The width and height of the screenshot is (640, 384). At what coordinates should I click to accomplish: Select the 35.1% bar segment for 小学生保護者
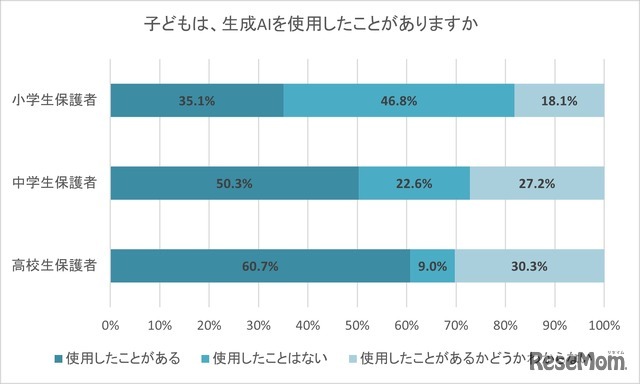197,100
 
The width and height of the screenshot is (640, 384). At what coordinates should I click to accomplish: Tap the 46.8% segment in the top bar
399,100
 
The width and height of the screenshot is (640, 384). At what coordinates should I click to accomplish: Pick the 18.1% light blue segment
559,100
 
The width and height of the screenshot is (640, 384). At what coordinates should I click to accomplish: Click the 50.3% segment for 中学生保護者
234,183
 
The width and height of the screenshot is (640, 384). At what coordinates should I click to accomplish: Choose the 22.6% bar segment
414,183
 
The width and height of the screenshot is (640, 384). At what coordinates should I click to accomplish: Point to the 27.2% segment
537,183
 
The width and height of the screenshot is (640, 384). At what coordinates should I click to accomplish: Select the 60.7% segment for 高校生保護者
260,266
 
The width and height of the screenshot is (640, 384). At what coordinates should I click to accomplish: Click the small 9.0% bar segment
432,266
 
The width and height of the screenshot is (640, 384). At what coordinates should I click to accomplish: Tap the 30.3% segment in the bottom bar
529,266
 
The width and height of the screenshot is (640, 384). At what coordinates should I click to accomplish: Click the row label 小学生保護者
55,100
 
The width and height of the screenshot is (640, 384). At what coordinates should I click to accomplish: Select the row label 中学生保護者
55,183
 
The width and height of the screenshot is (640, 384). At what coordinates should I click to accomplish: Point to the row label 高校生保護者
55,266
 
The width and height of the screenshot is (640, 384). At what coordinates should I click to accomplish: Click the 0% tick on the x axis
111,325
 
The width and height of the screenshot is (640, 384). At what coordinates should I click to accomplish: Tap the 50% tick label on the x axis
357,325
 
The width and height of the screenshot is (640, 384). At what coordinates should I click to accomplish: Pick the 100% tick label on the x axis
603,325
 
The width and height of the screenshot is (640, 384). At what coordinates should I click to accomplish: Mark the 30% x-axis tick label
258,325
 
